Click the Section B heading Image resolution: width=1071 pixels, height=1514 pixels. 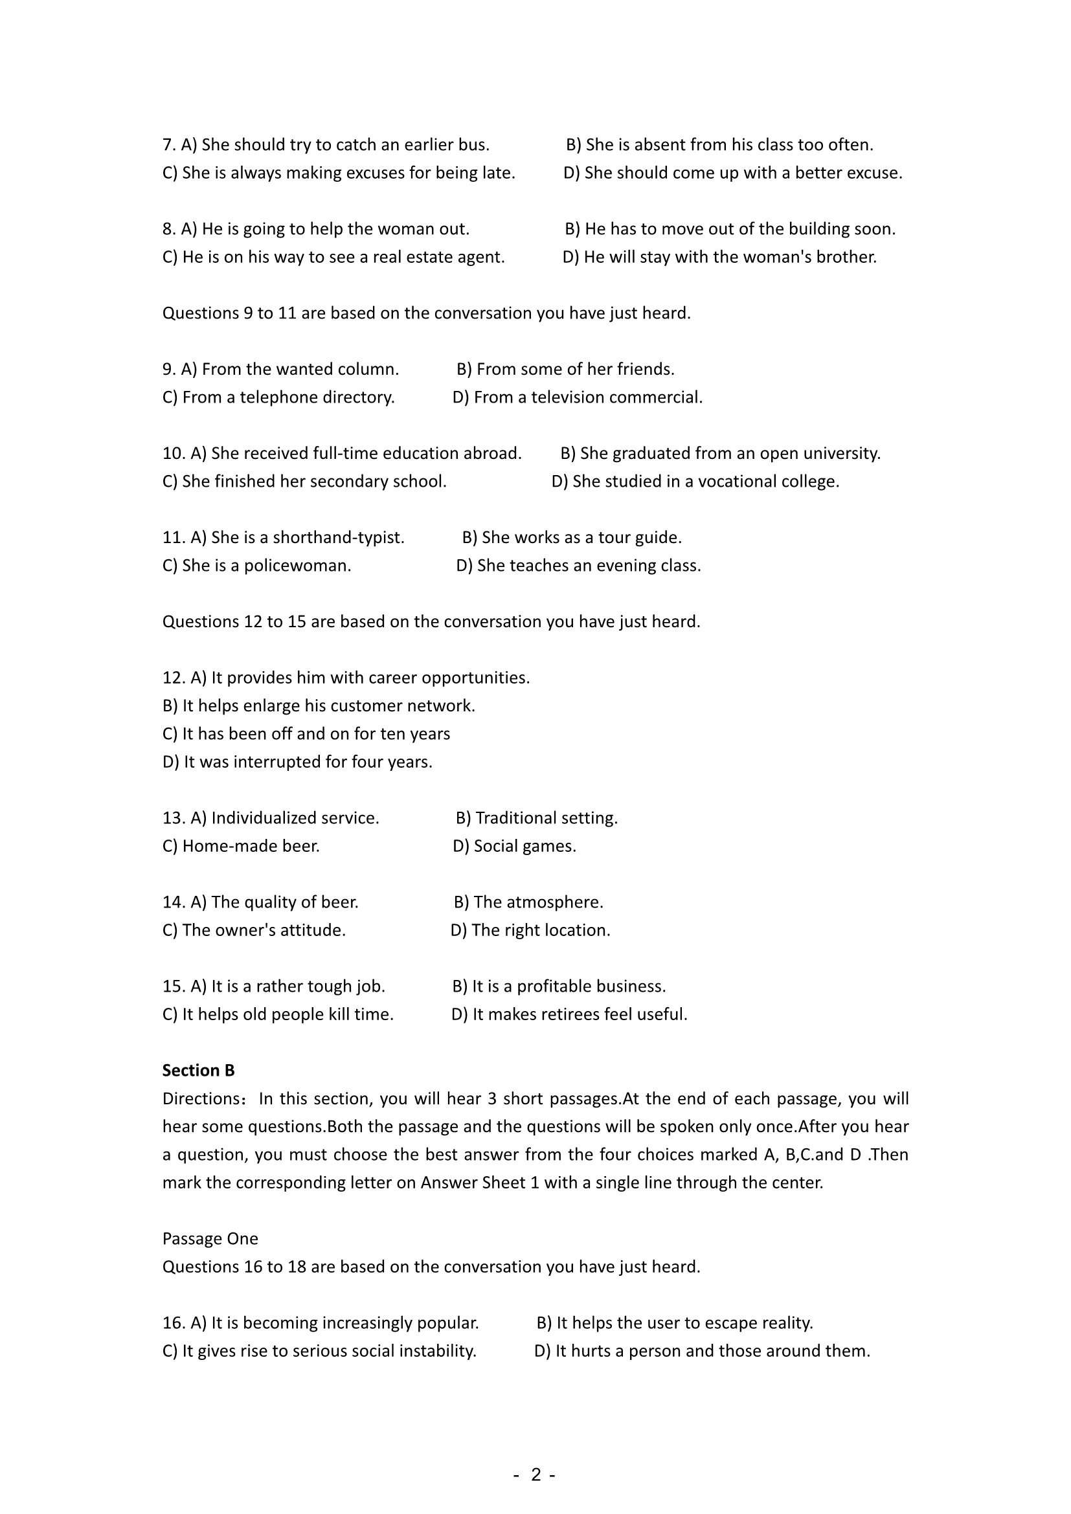(x=199, y=1070)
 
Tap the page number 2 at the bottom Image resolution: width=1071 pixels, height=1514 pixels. (x=535, y=1475)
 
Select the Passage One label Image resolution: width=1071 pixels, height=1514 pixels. (x=210, y=1238)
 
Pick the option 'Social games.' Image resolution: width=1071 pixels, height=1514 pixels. (x=514, y=846)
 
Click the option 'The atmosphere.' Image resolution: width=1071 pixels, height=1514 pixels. (x=529, y=902)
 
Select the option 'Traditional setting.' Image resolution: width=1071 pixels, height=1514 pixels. (x=537, y=818)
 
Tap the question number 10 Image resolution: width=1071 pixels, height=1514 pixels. (x=174, y=454)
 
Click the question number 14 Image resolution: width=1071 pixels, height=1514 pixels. (x=174, y=902)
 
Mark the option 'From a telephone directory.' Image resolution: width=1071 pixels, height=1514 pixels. (x=278, y=397)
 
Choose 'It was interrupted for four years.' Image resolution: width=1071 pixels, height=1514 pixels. (x=297, y=763)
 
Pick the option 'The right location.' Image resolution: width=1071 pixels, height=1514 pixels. (x=531, y=930)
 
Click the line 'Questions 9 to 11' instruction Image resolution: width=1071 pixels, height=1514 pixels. (x=426, y=313)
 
